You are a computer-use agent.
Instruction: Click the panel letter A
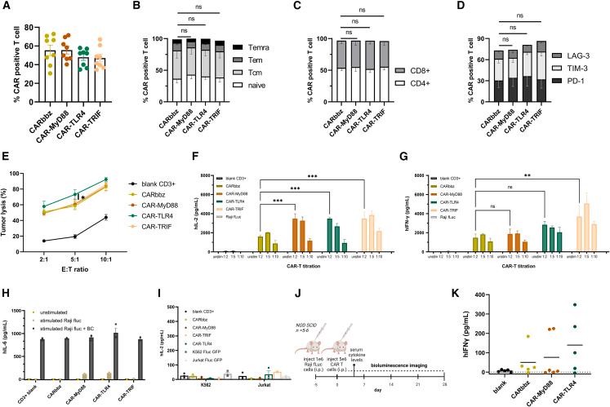[x=6, y=7]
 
